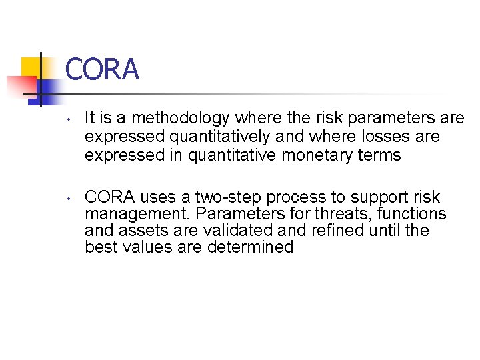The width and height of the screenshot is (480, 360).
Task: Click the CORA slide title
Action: pos(102,69)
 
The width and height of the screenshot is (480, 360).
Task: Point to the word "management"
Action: pos(127,215)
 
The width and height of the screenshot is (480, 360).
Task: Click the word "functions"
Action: pos(413,214)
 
